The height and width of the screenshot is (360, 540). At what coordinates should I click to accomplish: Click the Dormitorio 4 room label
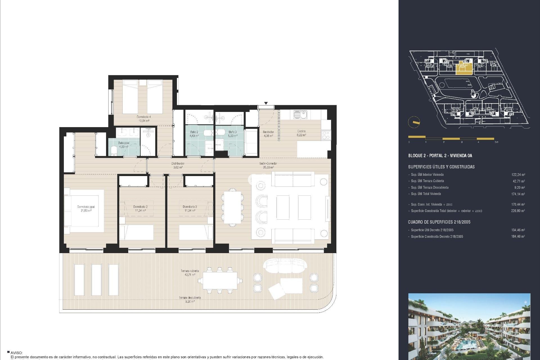144,119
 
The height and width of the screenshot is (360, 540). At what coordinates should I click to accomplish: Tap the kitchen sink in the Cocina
300,115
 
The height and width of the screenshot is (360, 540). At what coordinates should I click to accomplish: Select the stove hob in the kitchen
326,135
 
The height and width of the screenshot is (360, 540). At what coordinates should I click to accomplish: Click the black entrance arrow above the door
266,103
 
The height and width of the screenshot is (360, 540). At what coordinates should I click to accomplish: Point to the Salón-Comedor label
268,165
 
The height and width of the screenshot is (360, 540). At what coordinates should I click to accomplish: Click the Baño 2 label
194,134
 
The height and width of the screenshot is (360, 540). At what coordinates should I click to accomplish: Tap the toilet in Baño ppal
114,151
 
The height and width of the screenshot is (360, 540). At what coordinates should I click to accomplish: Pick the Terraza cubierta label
190,273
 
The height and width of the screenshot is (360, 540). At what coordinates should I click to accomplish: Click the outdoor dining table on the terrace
220,281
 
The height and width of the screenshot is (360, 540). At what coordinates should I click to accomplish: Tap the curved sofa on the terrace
285,265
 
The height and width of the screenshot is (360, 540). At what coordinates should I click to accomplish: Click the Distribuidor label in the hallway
178,165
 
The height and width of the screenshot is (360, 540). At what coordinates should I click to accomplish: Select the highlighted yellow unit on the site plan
463,68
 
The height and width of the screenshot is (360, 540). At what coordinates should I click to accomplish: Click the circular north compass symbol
414,122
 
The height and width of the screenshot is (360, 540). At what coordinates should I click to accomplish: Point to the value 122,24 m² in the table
518,175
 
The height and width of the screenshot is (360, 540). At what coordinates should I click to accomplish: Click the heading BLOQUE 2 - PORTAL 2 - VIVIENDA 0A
440,156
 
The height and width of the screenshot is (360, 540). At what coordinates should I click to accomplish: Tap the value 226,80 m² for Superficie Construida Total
518,211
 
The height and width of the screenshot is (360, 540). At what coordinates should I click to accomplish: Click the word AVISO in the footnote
16,353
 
